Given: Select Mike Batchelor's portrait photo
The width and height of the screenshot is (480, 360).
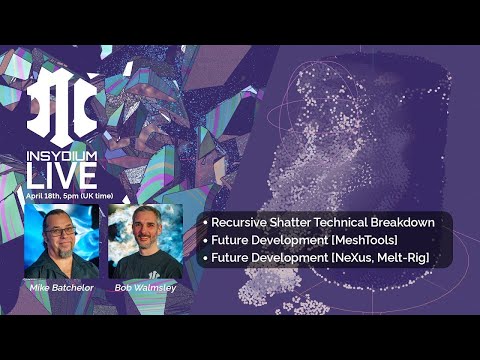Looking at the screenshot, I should tap(61, 241).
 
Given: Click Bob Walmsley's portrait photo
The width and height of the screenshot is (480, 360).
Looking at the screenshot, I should tap(145, 241).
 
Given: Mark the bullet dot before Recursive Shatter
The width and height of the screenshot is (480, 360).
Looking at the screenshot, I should tap(204, 222).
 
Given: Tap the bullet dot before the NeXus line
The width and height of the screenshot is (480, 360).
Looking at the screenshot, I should tap(204, 258).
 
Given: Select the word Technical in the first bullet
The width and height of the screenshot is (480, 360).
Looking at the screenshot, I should tap(349, 222).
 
